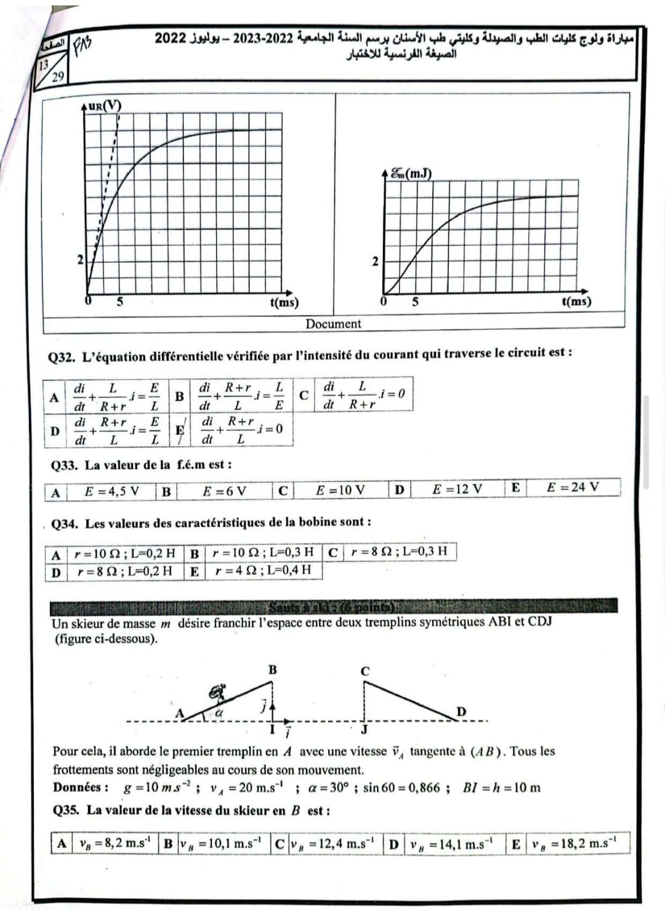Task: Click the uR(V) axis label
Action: [x=105, y=105]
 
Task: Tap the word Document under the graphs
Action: [x=333, y=324]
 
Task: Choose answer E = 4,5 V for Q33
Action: [x=111, y=491]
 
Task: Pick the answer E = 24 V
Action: [x=573, y=487]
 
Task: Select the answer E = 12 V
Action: [x=457, y=489]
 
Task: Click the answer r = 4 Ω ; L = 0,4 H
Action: [x=263, y=570]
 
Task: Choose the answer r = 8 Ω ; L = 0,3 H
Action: [x=399, y=551]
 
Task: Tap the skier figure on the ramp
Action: [x=217, y=693]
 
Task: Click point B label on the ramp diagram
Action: [x=272, y=669]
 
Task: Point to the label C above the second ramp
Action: [x=365, y=671]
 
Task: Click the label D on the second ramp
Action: [x=461, y=712]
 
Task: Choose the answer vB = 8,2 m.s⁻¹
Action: [x=115, y=843]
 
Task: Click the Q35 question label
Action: [x=66, y=810]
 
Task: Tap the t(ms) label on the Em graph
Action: [x=576, y=302]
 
